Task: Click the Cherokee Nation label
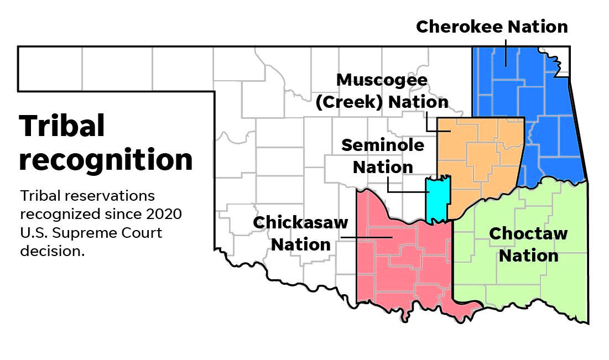click(492, 27)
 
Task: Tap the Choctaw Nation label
click(528, 244)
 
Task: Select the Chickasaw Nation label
click(300, 233)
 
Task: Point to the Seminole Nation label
click(383, 156)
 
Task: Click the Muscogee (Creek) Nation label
click(382, 91)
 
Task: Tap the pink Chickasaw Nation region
click(398, 265)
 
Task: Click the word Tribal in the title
click(62, 126)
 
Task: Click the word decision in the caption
click(51, 251)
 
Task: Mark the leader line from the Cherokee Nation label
click(505, 53)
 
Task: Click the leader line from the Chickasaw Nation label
click(365, 238)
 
